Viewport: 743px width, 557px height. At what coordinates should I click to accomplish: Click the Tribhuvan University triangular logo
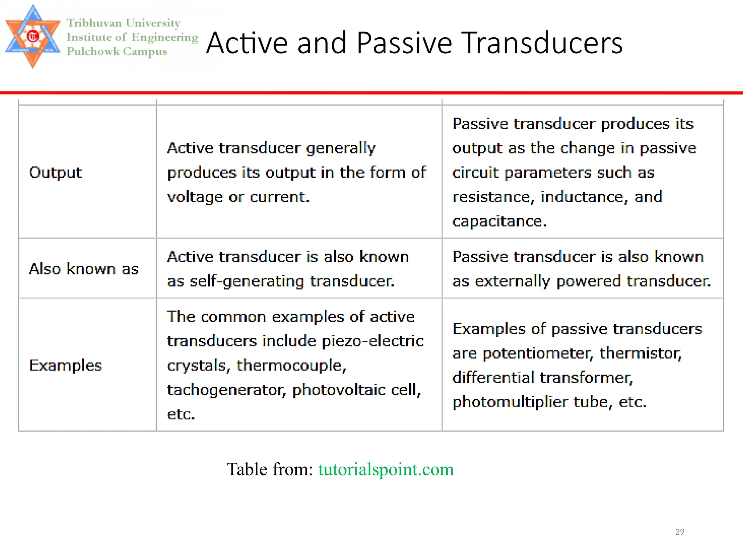[x=33, y=36]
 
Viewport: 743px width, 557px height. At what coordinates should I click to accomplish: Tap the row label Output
[x=56, y=172]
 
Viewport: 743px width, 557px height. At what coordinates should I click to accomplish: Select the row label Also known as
[x=84, y=269]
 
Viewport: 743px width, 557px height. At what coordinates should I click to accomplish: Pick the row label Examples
[x=65, y=366]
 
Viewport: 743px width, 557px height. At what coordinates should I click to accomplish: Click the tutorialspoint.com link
[x=386, y=469]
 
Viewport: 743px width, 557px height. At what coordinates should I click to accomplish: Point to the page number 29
[x=680, y=532]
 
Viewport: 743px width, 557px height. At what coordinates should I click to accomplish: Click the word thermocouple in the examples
[x=291, y=366]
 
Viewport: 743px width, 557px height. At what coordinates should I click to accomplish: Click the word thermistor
[x=641, y=353]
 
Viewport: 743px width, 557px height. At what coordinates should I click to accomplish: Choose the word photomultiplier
[x=510, y=402]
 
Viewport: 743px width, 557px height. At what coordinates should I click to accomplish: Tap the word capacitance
[x=499, y=221]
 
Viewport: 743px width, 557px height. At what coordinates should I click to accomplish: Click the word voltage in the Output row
[x=195, y=197]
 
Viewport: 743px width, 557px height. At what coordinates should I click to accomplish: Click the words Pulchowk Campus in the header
[x=117, y=51]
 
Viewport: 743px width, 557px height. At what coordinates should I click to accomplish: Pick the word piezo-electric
[x=373, y=341]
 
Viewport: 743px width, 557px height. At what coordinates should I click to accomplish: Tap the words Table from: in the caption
[x=270, y=469]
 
